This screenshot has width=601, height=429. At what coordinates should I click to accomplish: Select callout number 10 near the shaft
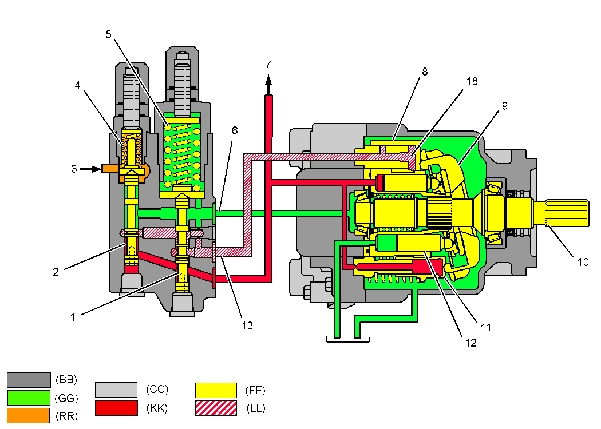(x=583, y=263)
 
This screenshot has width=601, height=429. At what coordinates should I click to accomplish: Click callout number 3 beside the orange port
(x=73, y=169)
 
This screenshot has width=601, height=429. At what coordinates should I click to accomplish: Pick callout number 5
(x=109, y=34)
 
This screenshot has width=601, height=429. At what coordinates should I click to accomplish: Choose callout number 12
(x=470, y=343)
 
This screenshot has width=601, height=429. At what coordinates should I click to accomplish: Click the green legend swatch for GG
(x=28, y=398)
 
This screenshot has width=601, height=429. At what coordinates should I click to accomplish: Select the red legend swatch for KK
(x=116, y=408)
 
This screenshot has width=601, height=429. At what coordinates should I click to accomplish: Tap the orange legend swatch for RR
(x=28, y=415)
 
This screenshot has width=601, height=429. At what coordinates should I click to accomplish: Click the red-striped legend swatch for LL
(x=216, y=408)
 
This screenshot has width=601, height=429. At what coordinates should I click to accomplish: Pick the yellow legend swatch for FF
(x=216, y=391)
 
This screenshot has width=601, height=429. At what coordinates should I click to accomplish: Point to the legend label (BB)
(x=66, y=379)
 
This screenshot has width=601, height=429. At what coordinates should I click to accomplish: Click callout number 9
(x=504, y=106)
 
